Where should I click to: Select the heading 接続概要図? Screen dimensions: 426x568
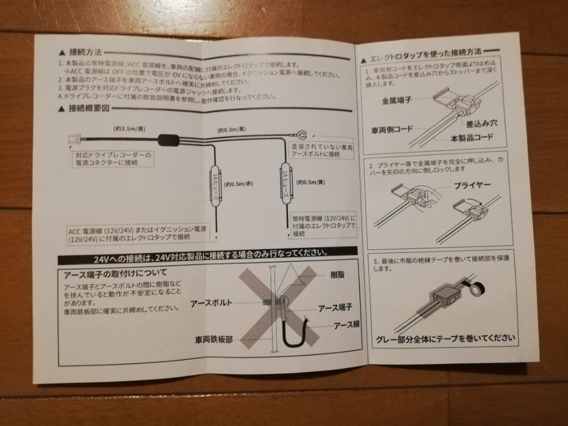click(x=89, y=108)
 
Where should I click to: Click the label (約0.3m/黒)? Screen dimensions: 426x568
click(x=231, y=129)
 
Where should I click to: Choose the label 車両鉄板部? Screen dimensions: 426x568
click(x=214, y=338)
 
